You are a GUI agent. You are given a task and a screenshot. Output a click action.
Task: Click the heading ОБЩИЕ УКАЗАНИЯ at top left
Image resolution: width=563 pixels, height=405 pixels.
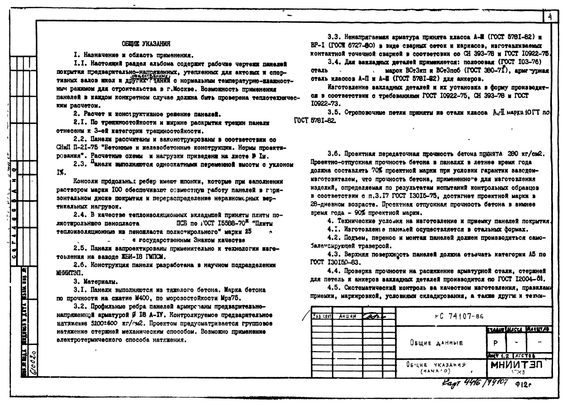pos(146,44)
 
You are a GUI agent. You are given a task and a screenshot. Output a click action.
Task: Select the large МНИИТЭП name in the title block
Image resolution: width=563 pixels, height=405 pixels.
pos(517,365)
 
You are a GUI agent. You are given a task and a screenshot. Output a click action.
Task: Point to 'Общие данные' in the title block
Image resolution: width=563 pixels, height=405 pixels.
pos(436,343)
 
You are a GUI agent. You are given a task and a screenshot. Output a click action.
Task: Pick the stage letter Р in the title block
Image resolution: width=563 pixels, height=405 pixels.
pos(495,343)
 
